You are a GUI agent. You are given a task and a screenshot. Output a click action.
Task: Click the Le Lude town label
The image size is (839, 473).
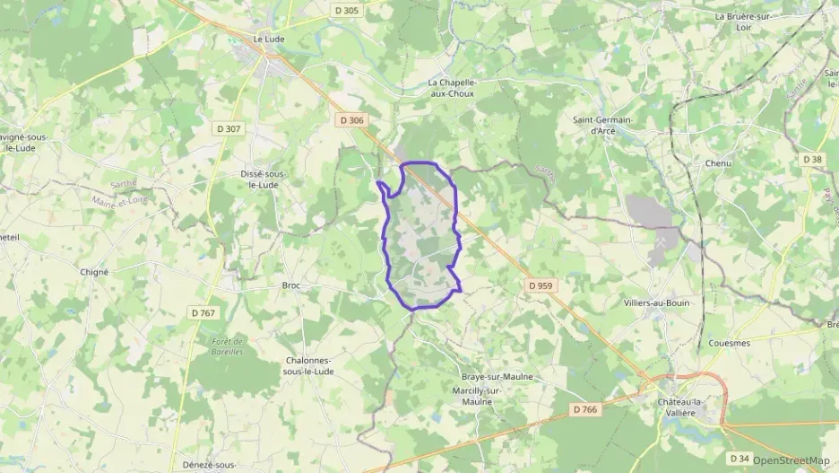[x=268, y=39]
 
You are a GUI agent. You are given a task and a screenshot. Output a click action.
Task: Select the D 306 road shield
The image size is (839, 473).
[x=351, y=118]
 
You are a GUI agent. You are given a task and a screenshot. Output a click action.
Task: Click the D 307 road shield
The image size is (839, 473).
[x=229, y=128]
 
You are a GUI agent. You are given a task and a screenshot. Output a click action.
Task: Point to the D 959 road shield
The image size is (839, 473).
[x=541, y=285]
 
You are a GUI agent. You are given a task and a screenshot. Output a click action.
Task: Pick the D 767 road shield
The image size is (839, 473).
[x=203, y=312]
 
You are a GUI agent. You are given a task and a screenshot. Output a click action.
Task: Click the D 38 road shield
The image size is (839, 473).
[x=812, y=160]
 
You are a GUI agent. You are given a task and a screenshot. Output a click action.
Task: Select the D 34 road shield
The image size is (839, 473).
[x=740, y=459]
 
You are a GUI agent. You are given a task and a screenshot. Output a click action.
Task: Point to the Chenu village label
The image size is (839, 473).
[x=718, y=163]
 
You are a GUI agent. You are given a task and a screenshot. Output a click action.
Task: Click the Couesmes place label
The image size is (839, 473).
[x=729, y=343]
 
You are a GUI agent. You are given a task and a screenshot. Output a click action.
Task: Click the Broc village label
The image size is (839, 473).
[x=290, y=285]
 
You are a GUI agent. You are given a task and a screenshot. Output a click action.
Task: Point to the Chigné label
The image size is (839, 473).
[x=94, y=271]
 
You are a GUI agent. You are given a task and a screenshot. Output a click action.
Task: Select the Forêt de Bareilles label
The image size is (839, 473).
[x=228, y=346]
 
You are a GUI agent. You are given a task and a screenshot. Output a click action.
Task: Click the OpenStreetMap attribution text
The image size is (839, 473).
[x=791, y=460]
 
